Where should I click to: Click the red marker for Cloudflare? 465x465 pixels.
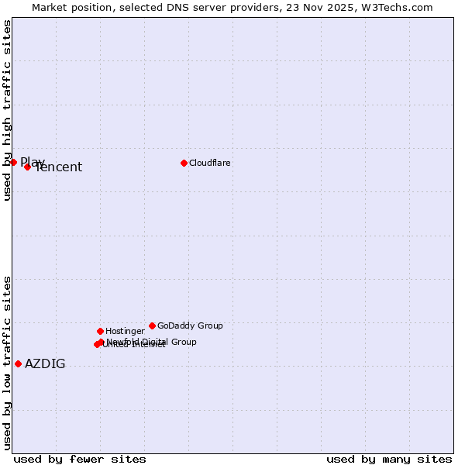(184, 163)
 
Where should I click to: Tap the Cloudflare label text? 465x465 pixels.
(210, 164)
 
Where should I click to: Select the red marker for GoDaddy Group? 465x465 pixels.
(152, 325)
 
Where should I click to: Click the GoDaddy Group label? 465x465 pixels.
(190, 326)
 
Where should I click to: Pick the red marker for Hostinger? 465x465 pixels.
(100, 331)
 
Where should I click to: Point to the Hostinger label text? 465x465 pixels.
(125, 332)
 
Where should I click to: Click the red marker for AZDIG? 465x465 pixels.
(18, 363)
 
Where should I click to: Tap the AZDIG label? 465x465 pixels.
(45, 364)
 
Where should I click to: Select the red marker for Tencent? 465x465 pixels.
(27, 167)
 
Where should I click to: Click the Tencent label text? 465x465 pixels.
(60, 167)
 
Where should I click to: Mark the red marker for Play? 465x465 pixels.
(13, 162)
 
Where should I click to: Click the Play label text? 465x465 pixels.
(32, 162)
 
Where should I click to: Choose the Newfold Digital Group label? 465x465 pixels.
(152, 342)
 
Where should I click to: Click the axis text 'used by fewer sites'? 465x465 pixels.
(80, 459)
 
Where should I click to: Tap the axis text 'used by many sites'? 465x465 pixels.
(389, 459)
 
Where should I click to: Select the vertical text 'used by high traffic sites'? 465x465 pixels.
(7, 110)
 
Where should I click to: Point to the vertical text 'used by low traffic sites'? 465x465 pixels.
(7, 363)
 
